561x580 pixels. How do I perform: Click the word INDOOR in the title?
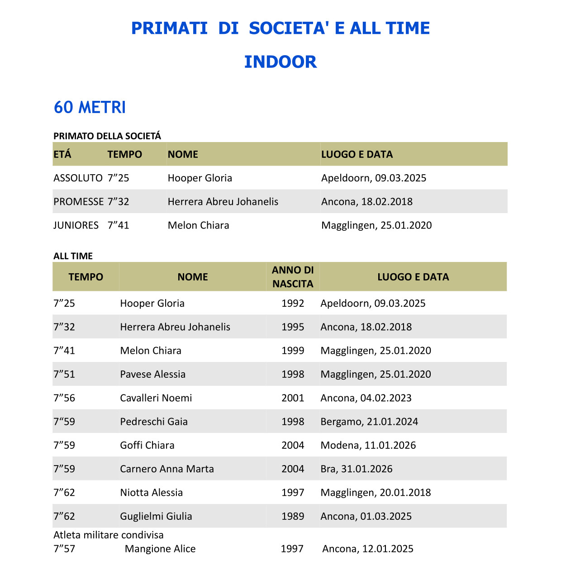coord(280,62)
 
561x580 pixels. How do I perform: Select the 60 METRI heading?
coord(90,107)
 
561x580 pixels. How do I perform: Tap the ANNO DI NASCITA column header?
coord(293,277)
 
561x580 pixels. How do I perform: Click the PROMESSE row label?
coord(79,202)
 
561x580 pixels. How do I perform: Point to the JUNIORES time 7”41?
coord(119,225)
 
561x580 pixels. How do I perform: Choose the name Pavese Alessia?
coord(153,374)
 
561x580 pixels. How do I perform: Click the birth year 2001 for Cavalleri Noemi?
coord(293,398)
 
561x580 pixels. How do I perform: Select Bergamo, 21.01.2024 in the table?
coord(369,422)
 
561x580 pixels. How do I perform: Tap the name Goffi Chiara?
coord(147,445)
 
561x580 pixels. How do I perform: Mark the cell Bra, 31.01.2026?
coord(357,469)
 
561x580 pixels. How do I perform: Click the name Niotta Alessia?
coord(152,493)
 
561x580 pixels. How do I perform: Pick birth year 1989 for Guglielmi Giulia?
coord(293,516)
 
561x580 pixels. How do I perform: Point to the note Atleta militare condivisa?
coord(109,535)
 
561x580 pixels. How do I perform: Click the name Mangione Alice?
coord(160,549)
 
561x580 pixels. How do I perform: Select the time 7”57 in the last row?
coord(64,549)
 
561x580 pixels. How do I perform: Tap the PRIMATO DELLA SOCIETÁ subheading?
coord(107,136)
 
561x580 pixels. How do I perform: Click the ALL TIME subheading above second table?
coord(73,256)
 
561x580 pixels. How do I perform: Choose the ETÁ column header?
coord(62,154)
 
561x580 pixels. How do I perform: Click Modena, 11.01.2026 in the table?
coord(368,445)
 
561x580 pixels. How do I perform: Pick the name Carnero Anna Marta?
coord(167,469)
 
